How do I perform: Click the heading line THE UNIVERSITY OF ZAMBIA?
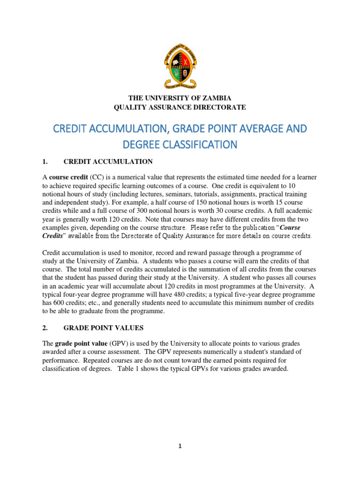coord(180,98)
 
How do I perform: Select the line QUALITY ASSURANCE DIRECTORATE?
coord(180,107)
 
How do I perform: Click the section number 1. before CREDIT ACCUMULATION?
coord(45,162)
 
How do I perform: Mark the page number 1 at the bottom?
coord(180,447)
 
